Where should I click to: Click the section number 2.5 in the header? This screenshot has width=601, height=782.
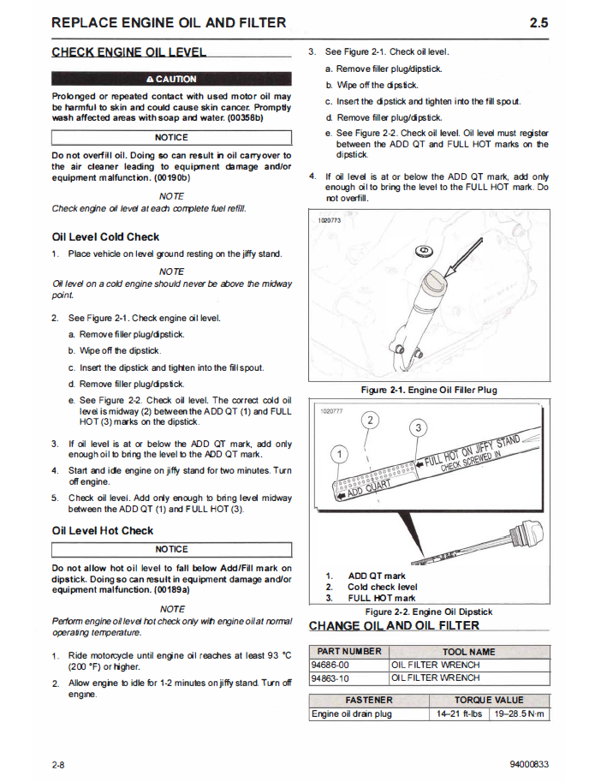click(539, 22)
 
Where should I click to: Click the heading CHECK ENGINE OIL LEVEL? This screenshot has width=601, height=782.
click(129, 52)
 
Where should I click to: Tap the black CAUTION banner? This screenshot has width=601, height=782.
click(171, 79)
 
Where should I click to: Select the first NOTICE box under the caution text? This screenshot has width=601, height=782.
click(171, 137)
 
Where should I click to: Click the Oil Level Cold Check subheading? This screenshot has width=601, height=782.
click(105, 236)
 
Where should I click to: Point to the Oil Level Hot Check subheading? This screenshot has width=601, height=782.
click(103, 530)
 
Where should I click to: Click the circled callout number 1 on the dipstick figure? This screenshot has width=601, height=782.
click(341, 453)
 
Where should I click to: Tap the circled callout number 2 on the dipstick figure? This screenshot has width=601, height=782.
click(371, 420)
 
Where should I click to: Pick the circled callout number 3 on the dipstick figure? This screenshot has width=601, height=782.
click(418, 427)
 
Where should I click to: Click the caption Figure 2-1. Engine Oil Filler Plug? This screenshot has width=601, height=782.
click(429, 390)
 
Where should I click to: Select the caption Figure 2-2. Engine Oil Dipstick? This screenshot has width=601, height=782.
click(429, 612)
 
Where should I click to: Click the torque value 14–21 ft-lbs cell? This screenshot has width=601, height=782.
click(459, 713)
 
